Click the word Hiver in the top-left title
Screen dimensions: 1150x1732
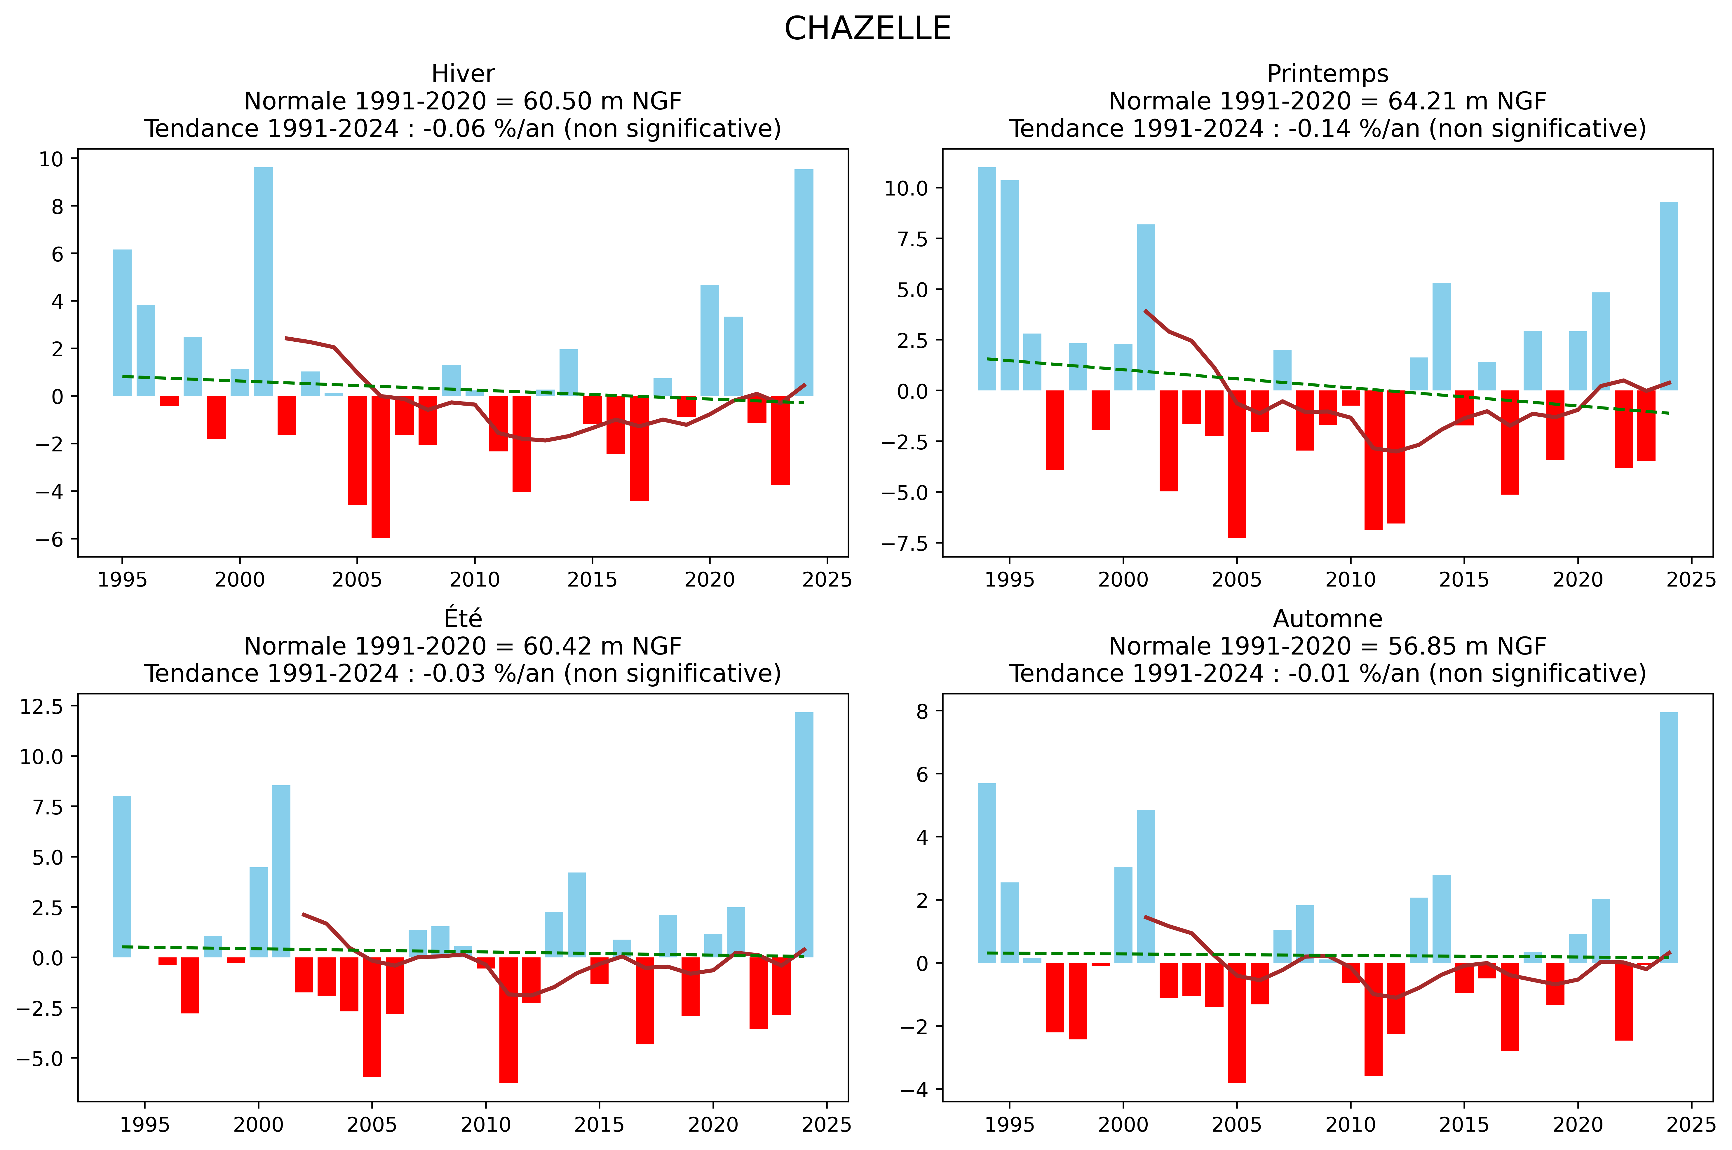(x=463, y=74)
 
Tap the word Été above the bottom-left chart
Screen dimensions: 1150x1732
(x=463, y=619)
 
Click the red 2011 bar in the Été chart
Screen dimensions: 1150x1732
(x=508, y=1020)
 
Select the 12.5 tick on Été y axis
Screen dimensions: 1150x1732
(x=42, y=706)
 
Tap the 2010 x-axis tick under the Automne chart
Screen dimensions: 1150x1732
(x=1351, y=1124)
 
